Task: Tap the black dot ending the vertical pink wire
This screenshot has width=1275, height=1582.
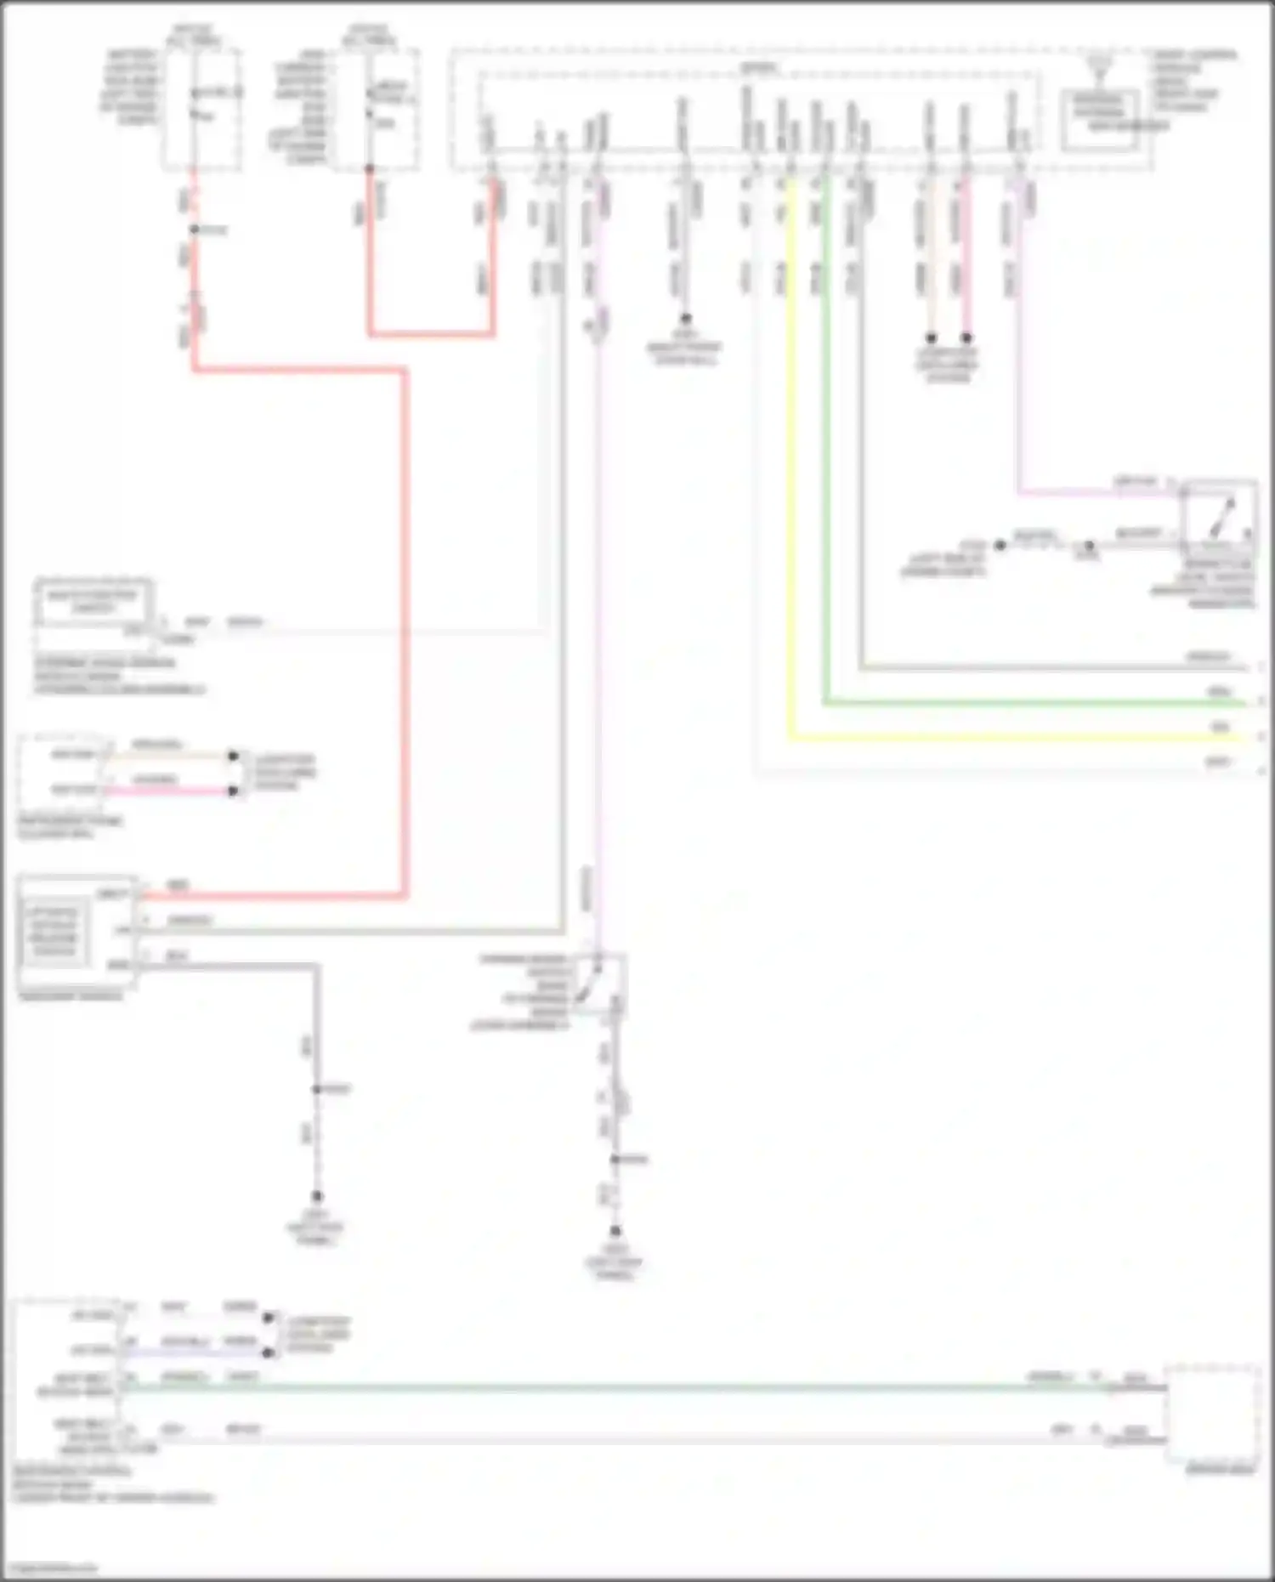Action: click(966, 337)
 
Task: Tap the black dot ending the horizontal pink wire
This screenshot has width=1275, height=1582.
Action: click(233, 791)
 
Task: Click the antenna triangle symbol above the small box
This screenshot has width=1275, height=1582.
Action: click(1100, 61)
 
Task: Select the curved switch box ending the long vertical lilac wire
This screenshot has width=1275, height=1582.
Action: click(598, 983)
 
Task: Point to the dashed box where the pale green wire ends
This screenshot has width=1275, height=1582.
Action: click(1211, 1412)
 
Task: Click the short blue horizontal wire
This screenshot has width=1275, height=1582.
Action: click(195, 1352)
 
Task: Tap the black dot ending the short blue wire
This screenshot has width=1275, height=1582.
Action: click(269, 1352)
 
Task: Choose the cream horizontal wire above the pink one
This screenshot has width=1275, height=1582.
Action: click(170, 756)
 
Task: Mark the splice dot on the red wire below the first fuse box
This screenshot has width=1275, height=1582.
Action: click(194, 230)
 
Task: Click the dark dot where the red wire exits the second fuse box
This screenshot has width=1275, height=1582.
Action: click(370, 169)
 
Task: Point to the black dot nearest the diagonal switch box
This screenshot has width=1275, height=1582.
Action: click(1088, 545)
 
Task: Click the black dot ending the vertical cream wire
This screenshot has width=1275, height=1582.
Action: click(931, 337)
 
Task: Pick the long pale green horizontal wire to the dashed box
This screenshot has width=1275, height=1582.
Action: click(595, 1387)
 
